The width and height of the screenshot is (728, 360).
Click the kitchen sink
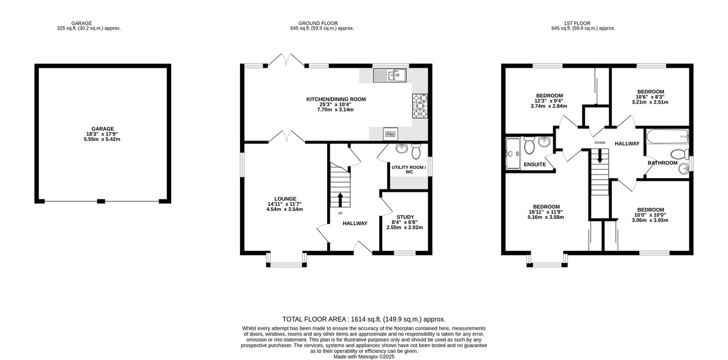(x=390, y=76)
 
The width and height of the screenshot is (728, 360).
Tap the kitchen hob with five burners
(x=420, y=106)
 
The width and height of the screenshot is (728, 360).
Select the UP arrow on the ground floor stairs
(x=340, y=200)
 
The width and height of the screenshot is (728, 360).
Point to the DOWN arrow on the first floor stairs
(x=599, y=156)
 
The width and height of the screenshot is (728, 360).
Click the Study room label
(x=406, y=217)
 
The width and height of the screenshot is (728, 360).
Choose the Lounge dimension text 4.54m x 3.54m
(x=284, y=209)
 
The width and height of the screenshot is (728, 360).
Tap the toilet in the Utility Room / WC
(x=416, y=151)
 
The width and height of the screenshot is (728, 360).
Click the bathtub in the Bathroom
(x=668, y=137)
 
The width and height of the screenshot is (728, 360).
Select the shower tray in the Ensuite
(x=513, y=154)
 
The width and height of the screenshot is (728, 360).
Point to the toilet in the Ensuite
(x=530, y=145)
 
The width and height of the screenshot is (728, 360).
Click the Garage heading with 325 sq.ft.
(x=89, y=26)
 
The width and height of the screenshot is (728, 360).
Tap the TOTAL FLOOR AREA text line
(x=363, y=319)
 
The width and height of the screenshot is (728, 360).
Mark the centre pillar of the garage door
(x=101, y=201)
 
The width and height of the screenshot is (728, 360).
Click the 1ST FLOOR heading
(x=577, y=23)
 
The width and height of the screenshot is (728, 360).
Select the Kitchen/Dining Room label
(x=336, y=99)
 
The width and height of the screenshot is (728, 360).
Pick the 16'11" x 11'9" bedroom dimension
(x=546, y=212)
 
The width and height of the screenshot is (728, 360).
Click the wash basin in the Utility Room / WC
(x=402, y=148)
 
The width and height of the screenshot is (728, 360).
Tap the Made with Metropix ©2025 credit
(x=363, y=357)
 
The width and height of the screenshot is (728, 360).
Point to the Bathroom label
(x=663, y=163)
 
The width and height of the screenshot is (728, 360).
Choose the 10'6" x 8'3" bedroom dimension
(x=650, y=97)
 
